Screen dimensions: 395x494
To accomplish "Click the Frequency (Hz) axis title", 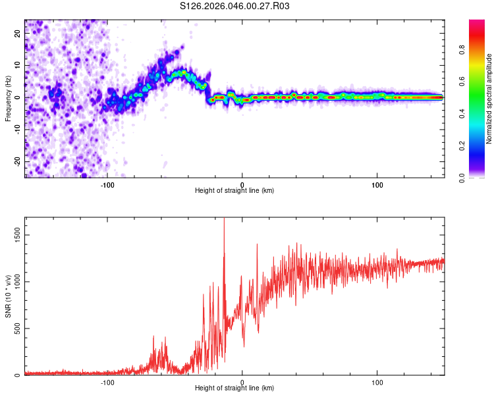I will (8, 98).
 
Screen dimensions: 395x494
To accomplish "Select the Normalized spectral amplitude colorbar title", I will (489, 99).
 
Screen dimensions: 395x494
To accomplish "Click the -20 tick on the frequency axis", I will (16, 161).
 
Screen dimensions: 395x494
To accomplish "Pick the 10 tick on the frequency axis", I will (18, 65).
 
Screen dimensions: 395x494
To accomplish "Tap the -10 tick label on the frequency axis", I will (16, 129).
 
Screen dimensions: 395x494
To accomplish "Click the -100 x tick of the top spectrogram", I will (107, 184).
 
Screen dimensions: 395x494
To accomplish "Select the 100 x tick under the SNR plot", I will (377, 382).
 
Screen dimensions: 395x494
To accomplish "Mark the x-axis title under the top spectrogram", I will (234, 191).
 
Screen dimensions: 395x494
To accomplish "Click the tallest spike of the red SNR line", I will (224, 219).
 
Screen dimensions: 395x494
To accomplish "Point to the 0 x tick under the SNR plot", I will (242, 382).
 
